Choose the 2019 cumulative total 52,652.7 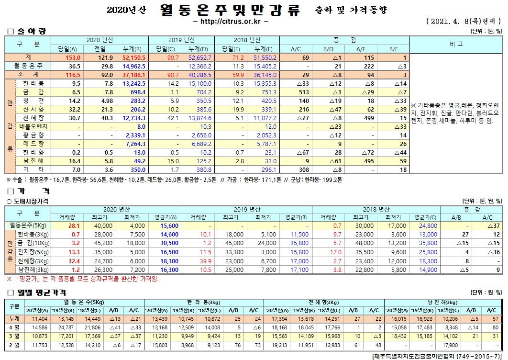click(x=197, y=57)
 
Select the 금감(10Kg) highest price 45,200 click(x=103, y=243)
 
